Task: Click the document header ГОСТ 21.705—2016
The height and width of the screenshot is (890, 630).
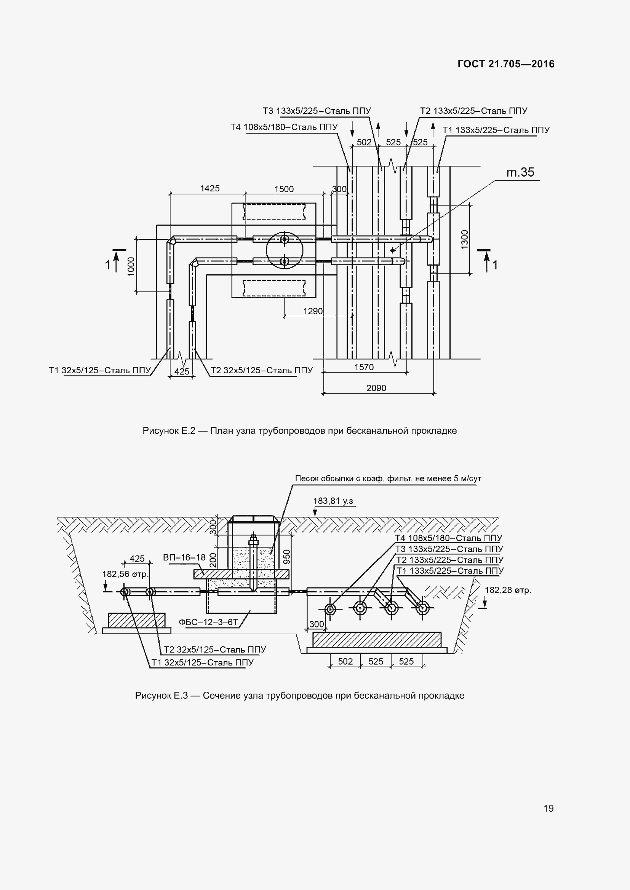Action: coord(506,64)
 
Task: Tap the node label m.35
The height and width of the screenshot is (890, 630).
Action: coord(520,172)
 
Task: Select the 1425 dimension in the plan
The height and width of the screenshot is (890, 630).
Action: coord(209,188)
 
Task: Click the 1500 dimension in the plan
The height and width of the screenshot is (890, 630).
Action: coord(284,189)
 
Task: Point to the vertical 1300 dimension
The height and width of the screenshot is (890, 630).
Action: coord(465,239)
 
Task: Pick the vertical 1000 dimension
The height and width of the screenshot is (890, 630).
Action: coord(131,266)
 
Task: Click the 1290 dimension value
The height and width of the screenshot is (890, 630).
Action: coord(313,311)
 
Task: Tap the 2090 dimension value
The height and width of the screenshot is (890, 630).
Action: coord(376,388)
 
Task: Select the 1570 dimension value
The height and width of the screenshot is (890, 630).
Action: coord(364,367)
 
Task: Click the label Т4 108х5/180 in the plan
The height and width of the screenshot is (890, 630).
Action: coord(284,127)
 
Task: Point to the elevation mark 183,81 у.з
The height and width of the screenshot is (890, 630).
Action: coord(333,501)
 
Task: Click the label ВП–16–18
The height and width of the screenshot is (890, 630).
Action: coord(184,557)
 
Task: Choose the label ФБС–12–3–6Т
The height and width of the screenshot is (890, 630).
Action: coord(208,622)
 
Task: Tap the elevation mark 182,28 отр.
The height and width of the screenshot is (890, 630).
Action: coord(508,590)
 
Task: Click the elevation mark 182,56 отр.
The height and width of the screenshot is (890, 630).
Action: coord(125,574)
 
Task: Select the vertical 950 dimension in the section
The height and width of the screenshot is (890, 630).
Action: coord(287,557)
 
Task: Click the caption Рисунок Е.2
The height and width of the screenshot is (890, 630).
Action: coord(299,431)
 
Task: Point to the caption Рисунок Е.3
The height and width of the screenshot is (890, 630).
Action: coord(299,696)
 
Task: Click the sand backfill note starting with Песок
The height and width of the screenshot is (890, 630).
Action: coord(388,479)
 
